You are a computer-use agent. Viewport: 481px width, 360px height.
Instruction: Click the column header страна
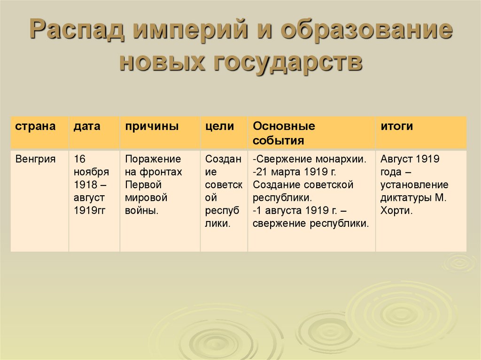coord(35,126)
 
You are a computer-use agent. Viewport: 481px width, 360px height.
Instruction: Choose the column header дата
coord(87,126)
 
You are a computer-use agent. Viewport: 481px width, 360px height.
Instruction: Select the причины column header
coord(151,126)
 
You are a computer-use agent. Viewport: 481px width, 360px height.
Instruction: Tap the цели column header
coord(219,126)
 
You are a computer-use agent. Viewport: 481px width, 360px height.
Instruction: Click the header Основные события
coord(284,133)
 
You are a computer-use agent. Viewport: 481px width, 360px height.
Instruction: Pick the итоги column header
coord(397,126)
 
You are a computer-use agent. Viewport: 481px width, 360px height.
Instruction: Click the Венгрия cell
coord(36,159)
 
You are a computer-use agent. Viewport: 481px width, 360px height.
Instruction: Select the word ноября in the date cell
coord(91,172)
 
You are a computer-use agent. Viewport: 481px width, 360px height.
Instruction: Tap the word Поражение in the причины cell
coord(153,159)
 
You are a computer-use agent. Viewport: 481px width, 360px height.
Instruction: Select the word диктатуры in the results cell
coord(406,198)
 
